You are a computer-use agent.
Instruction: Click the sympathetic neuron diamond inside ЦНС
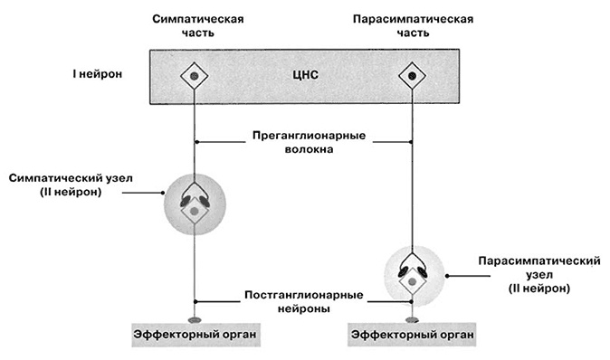coord(195,76)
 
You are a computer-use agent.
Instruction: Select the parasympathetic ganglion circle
coord(412,275)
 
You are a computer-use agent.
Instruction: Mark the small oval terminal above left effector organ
coord(195,318)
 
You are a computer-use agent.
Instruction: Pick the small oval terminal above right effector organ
coord(412,318)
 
